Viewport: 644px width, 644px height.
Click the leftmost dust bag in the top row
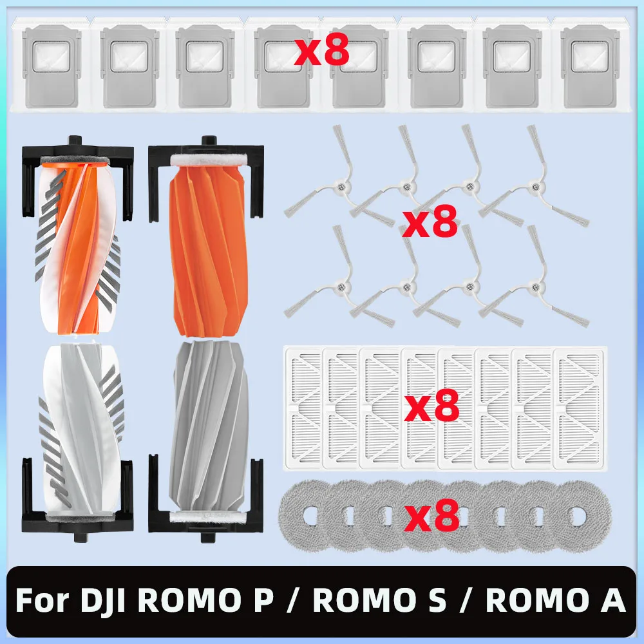52,65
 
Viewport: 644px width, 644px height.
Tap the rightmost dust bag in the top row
590,65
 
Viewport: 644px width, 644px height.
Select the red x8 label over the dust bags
321,50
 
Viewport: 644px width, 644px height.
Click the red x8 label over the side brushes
430,221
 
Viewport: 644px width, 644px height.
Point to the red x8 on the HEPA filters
431,405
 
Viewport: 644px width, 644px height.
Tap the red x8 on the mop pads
431,515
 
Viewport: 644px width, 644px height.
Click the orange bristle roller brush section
78,242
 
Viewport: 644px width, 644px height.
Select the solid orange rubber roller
209,247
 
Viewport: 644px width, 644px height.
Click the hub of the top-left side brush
341,187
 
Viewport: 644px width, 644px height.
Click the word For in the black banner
43,600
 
